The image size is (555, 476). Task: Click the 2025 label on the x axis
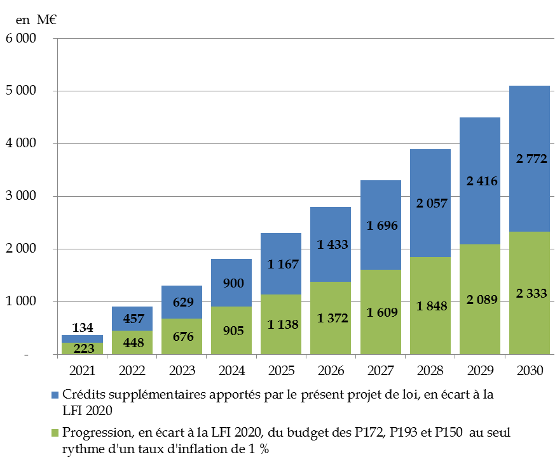281,369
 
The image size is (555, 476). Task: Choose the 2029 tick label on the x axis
480,369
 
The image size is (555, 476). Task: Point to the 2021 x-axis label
83,369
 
